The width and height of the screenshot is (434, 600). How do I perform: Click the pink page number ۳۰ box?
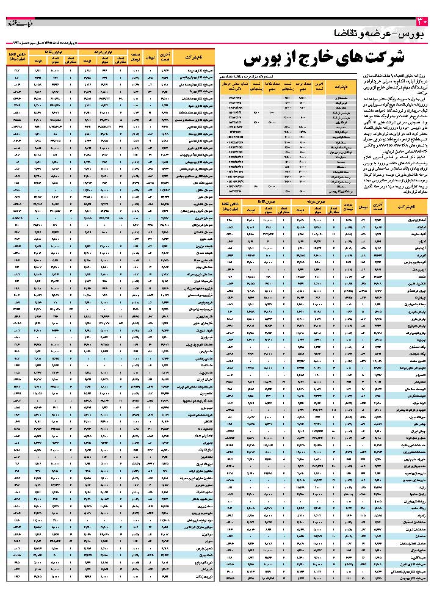pyautogui.click(x=425, y=23)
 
